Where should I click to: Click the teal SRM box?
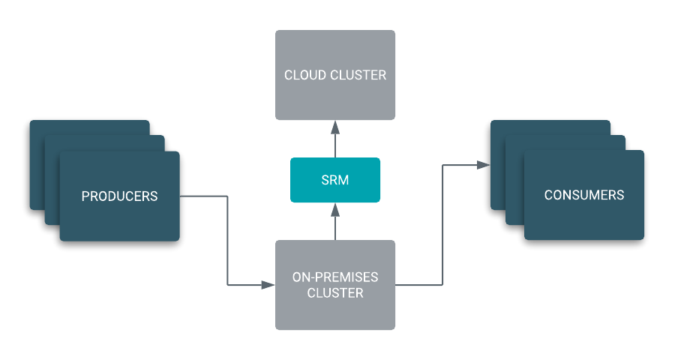pyautogui.click(x=335, y=180)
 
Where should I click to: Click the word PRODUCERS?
pyautogui.click(x=119, y=196)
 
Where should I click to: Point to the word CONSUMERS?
pyautogui.click(x=583, y=195)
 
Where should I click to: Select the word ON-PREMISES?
pyautogui.click(x=335, y=277)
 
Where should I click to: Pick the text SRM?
pyautogui.click(x=335, y=180)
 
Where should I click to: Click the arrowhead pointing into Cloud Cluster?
pyautogui.click(x=335, y=125)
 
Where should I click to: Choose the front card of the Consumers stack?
pyautogui.click(x=583, y=221)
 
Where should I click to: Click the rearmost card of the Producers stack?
pyautogui.click(x=37, y=165)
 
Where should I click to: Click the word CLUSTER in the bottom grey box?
pyautogui.click(x=335, y=293)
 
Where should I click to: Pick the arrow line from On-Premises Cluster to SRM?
pyautogui.click(x=335, y=226)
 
